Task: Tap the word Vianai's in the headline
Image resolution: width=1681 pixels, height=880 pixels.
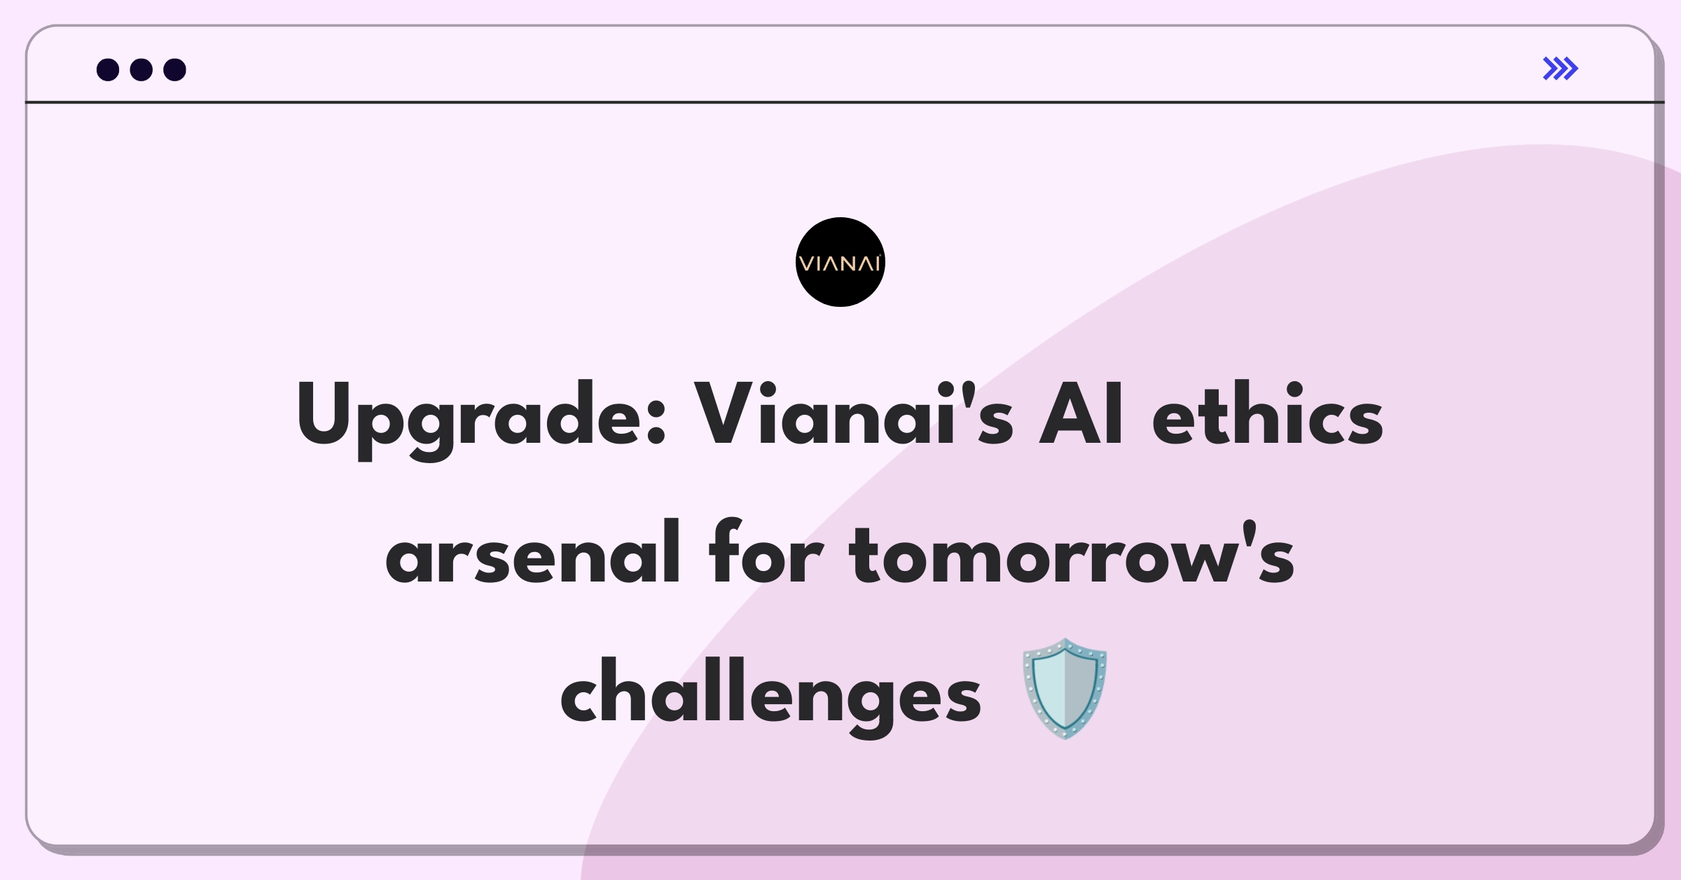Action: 853,413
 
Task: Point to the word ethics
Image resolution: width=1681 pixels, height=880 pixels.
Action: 1268,413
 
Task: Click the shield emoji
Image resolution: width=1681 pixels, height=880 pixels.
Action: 1065,688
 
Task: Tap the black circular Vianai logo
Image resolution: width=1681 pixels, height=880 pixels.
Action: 840,262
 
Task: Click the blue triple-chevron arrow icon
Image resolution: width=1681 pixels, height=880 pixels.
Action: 1561,69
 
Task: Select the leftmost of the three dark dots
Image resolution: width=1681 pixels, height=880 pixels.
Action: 108,69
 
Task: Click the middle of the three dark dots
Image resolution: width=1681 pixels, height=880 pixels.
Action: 141,69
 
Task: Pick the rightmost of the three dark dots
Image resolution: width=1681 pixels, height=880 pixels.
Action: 175,69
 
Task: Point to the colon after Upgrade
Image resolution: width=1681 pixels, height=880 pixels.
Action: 656,423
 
